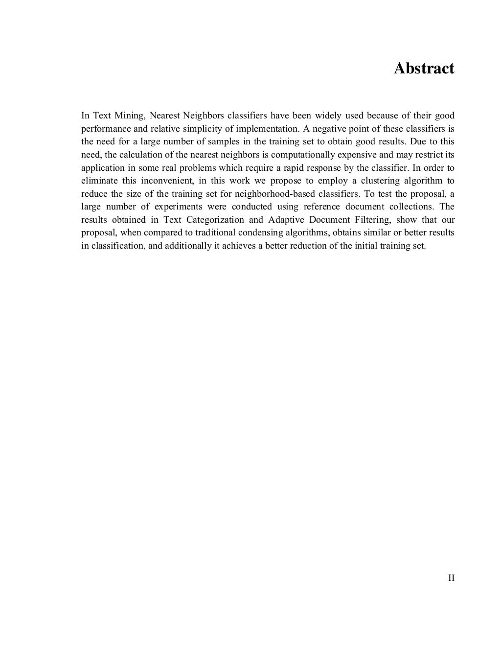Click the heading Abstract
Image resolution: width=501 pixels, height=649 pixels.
pyautogui.click(x=424, y=69)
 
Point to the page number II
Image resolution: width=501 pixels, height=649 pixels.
pyautogui.click(x=451, y=578)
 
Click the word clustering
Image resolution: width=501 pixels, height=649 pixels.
pyautogui.click(x=380, y=181)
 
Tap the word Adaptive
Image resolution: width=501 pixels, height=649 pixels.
pyautogui.click(x=286, y=220)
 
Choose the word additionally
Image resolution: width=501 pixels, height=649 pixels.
pyautogui.click(x=188, y=246)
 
